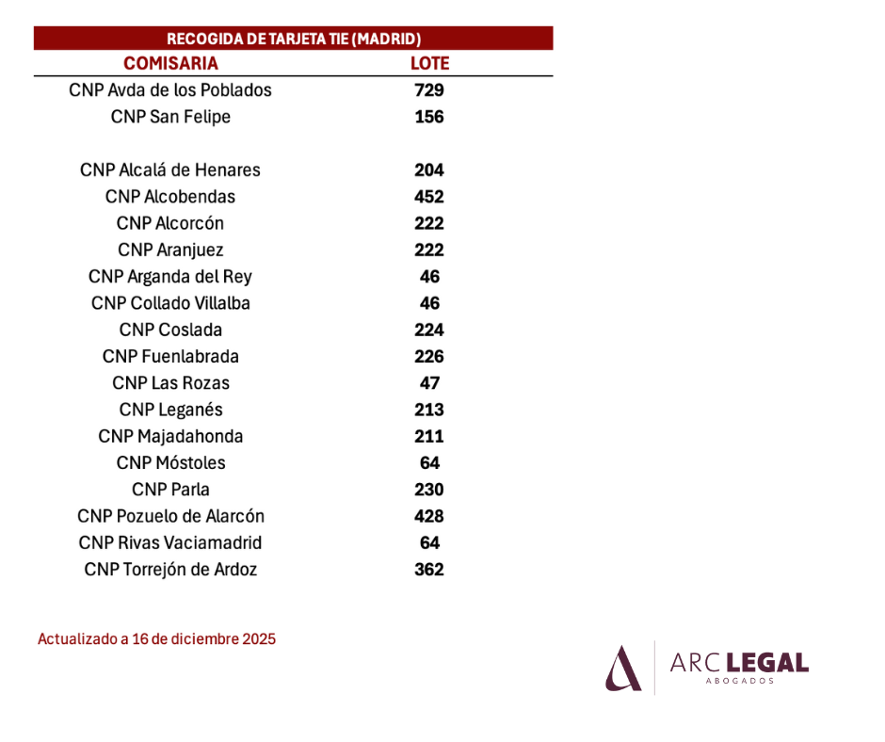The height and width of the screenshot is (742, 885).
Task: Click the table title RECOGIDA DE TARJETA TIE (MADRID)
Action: (x=294, y=39)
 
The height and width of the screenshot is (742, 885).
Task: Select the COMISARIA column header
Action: (x=170, y=63)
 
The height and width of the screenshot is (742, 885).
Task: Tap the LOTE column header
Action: (x=429, y=63)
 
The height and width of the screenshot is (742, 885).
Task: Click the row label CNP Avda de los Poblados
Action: (x=169, y=89)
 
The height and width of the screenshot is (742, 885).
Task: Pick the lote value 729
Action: (x=429, y=89)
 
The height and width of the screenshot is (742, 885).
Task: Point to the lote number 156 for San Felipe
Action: (x=429, y=117)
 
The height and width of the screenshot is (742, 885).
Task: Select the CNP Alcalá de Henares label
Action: (x=169, y=169)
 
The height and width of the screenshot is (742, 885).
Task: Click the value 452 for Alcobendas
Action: (x=429, y=197)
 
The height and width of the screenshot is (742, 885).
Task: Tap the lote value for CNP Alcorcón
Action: (x=429, y=223)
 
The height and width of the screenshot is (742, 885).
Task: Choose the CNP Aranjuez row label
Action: (x=170, y=250)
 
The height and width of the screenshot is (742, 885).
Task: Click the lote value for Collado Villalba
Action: (x=429, y=302)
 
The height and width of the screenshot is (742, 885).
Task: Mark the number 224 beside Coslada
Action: (x=429, y=330)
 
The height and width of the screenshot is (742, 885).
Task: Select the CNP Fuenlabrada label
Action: (x=170, y=356)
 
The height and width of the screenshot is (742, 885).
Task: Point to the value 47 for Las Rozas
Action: (x=429, y=383)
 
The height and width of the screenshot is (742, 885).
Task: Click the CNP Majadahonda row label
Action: (x=170, y=436)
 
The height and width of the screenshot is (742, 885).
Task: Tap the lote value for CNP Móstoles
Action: (x=429, y=462)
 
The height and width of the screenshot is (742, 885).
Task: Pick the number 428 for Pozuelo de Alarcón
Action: (x=429, y=516)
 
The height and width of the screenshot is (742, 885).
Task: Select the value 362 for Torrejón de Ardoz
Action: (x=429, y=569)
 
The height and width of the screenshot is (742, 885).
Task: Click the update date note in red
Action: (x=156, y=638)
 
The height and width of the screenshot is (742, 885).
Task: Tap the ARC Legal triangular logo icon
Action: (x=623, y=668)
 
